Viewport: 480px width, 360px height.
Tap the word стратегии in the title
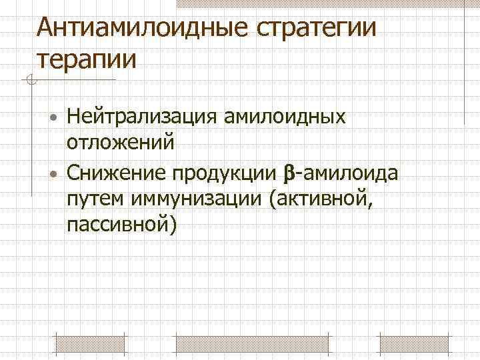tap(313, 29)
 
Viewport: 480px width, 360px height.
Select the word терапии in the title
tap(87, 59)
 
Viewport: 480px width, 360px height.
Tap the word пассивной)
tap(122, 225)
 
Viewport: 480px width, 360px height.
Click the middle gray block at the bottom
tap(251, 343)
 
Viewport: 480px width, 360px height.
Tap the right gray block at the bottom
tap(413, 343)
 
